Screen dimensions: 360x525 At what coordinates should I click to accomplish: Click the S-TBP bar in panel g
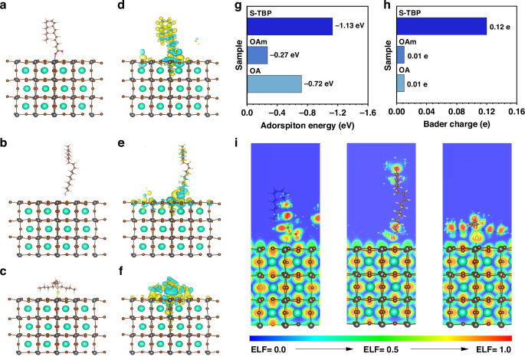pos(289,27)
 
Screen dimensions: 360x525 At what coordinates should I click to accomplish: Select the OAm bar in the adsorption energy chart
pos(257,55)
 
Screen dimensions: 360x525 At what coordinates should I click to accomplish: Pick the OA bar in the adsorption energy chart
pos(274,83)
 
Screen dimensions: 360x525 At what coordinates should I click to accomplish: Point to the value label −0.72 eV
pos(320,83)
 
